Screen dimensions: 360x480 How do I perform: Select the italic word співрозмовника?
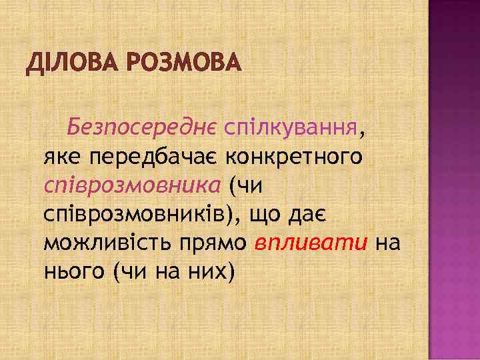pyautogui.click(x=131, y=186)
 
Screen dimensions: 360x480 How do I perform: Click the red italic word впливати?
pyautogui.click(x=311, y=243)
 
